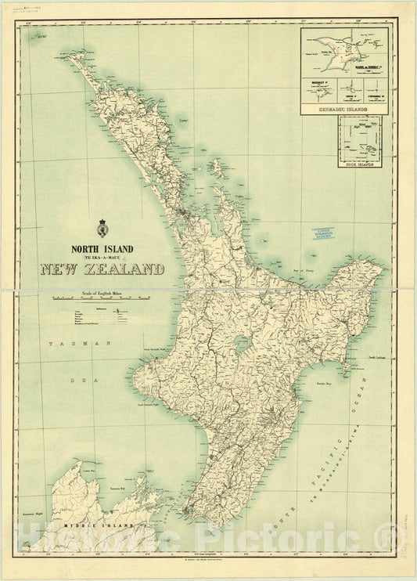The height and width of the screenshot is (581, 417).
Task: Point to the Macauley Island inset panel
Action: tap(321, 86)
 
